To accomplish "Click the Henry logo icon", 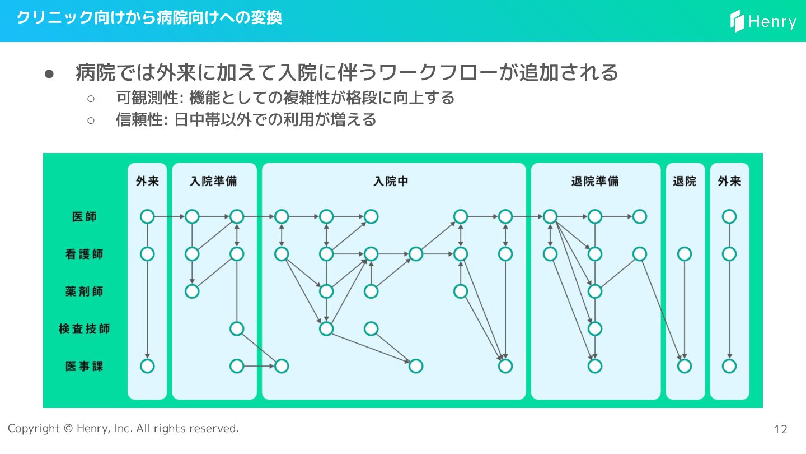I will tap(737, 21).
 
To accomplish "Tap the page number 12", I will tap(780, 429).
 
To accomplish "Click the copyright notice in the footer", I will tap(123, 428).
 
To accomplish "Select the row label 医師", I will tap(84, 216).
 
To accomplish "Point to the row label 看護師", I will tap(84, 254).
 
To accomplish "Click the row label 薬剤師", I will tap(84, 291).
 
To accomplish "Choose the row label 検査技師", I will tap(84, 328).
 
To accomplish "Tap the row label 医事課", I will tap(84, 366).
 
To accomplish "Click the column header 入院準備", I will tap(213, 182).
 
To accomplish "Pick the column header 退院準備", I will tap(594, 182).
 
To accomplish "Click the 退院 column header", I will tap(684, 182).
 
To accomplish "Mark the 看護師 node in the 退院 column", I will tap(684, 254).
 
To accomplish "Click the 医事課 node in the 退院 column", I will tap(684, 366).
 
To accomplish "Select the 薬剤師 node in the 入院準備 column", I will tap(192, 291).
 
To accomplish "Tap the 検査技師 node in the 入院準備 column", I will tap(237, 328).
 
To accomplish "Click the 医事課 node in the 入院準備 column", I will tap(237, 366).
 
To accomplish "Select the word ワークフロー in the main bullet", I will tap(437, 72).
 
